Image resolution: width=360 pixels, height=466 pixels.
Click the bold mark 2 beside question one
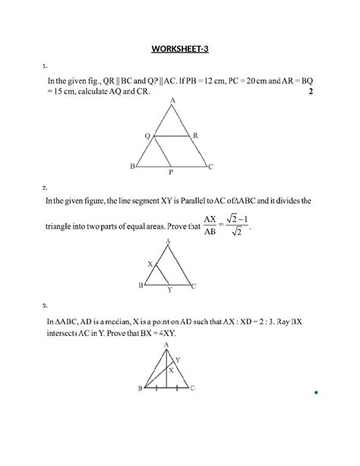tap(311, 92)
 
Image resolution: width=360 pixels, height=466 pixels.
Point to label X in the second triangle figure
tap(150, 263)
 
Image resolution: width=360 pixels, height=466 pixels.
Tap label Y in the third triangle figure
tap(178, 359)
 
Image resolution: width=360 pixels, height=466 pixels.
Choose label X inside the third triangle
tap(171, 369)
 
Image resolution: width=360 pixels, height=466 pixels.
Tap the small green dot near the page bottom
tap(314, 393)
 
